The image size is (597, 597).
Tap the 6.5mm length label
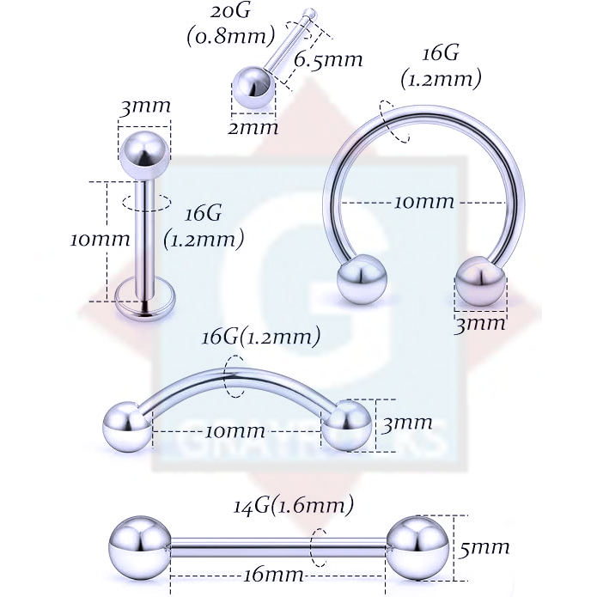[327, 60]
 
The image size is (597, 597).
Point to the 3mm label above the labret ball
[144, 107]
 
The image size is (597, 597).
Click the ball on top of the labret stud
[143, 152]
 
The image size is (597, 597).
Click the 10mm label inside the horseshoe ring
[423, 202]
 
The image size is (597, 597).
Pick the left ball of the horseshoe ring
[362, 280]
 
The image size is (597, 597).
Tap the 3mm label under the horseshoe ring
[480, 323]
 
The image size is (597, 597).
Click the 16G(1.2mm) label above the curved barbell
[260, 337]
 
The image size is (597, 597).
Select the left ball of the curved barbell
[126, 424]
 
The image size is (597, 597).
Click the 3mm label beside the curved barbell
[406, 423]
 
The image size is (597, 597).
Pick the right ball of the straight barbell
[417, 546]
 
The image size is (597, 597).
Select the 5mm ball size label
[484, 546]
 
